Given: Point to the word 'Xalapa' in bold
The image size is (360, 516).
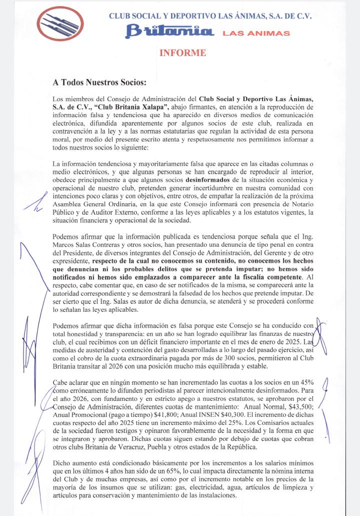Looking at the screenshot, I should [154, 106].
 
